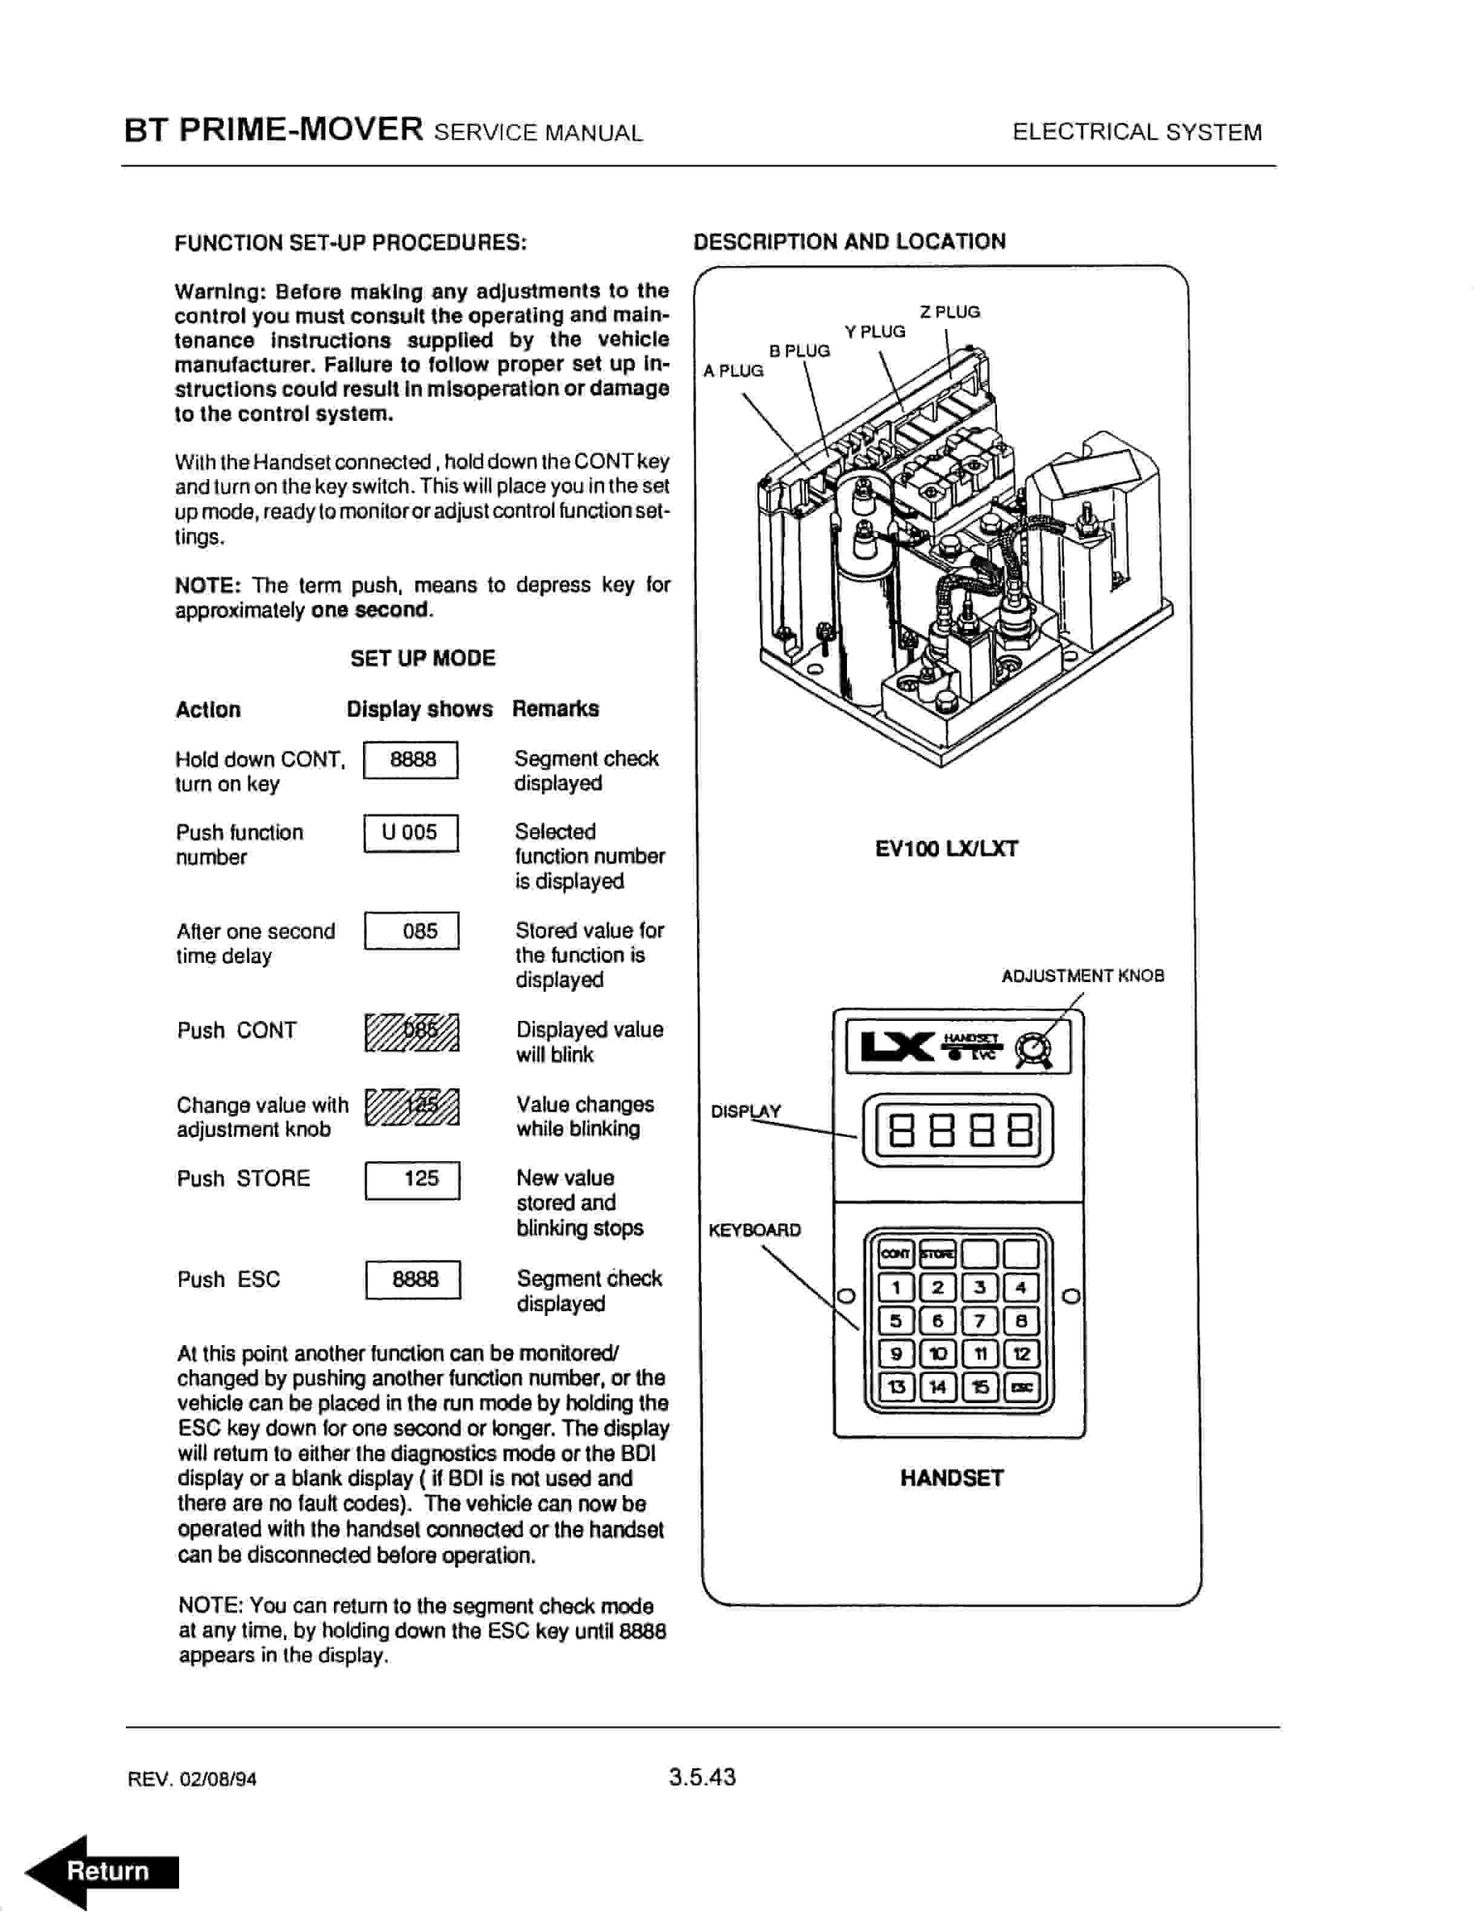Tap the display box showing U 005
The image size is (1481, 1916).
point(411,833)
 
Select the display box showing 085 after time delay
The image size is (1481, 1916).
point(411,931)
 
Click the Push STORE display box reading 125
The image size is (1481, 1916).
point(413,1179)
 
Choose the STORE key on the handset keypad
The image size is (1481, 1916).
point(937,1254)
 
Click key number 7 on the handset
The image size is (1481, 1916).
point(979,1320)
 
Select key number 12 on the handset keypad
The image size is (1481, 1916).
point(1021,1354)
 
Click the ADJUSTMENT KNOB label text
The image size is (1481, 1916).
point(1083,976)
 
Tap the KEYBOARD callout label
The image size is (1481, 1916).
point(754,1230)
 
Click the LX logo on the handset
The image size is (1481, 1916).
point(897,1046)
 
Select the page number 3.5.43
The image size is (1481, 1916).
point(702,1778)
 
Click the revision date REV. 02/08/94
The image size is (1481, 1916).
point(192,1779)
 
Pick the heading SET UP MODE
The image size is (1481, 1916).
point(423,658)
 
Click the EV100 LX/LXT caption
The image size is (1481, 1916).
point(947,849)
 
